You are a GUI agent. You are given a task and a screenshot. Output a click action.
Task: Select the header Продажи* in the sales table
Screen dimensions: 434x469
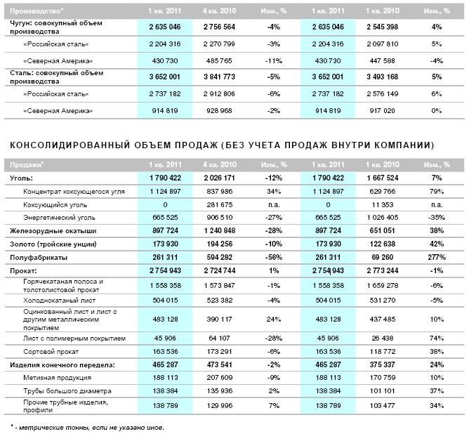tap(25, 164)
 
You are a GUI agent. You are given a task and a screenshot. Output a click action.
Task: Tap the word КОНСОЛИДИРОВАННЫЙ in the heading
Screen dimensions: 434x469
tap(59, 145)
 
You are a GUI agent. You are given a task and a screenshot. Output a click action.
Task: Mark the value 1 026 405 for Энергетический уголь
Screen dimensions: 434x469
tap(383, 217)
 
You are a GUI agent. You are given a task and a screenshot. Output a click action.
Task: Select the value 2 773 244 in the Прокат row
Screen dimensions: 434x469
tap(383, 270)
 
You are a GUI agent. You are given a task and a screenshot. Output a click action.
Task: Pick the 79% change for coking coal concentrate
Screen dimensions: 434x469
tap(440, 191)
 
